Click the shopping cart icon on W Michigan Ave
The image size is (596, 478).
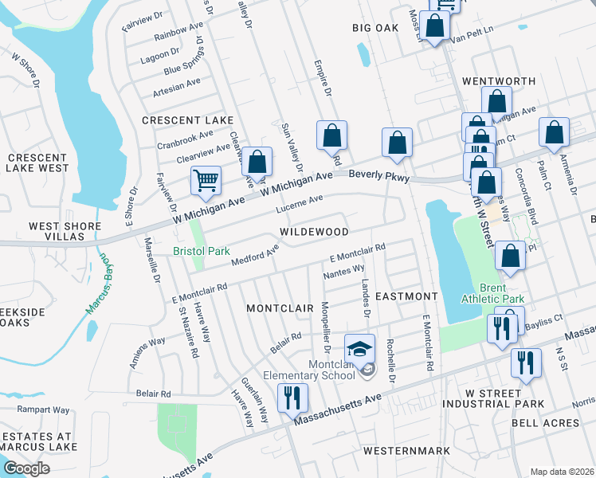coord(206,180)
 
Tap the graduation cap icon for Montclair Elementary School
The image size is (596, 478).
coord(359,347)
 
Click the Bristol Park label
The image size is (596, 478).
coord(202,251)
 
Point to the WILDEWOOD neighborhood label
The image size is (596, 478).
coord(314,232)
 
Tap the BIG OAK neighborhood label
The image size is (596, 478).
coord(375,28)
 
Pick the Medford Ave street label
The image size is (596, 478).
coord(255,256)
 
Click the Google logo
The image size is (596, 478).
coord(26,468)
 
